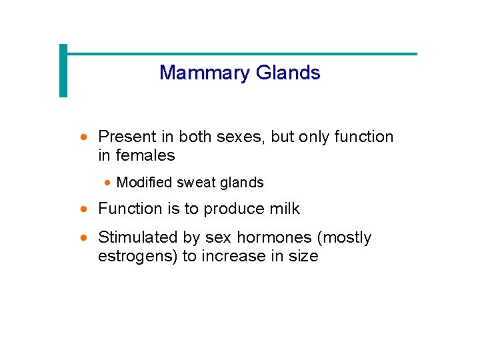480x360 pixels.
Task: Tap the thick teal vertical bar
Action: pyautogui.click(x=63, y=71)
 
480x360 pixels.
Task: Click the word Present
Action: pyautogui.click(x=127, y=137)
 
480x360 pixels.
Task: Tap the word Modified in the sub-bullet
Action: pyautogui.click(x=143, y=183)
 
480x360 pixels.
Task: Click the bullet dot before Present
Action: pyautogui.click(x=84, y=137)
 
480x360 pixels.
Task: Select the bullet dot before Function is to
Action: pyautogui.click(x=84, y=209)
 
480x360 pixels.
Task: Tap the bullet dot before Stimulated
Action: pyautogui.click(x=84, y=238)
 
